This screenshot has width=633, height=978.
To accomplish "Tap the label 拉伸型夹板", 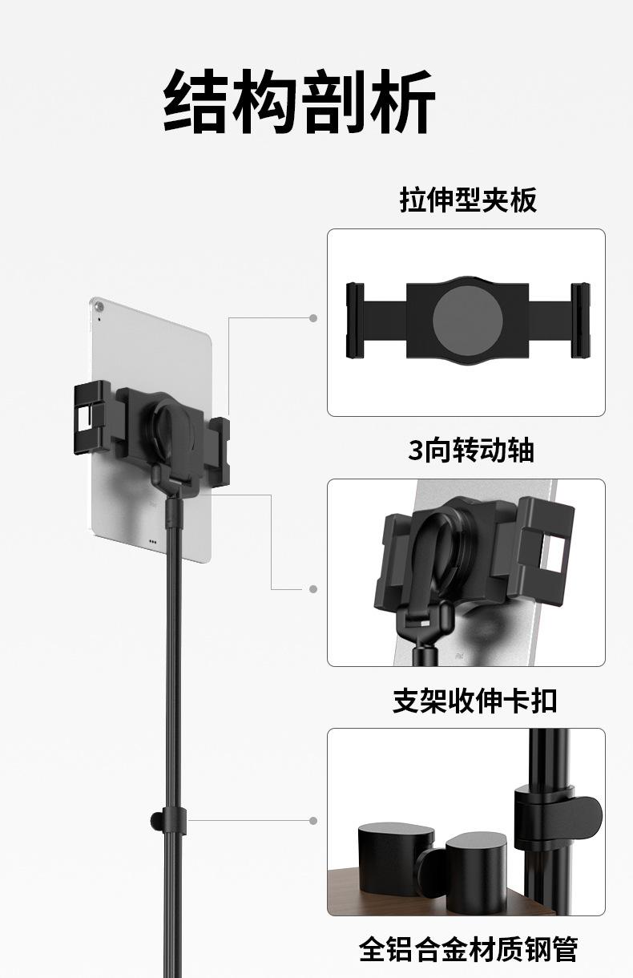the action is point(467,200).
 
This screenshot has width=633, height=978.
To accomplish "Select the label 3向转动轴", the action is point(470,451).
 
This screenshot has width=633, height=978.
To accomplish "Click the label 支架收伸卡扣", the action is point(474,701).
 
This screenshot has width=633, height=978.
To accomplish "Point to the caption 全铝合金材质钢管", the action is point(468,949).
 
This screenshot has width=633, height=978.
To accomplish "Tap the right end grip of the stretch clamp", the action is point(580,320).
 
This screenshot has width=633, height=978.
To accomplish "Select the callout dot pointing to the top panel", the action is point(313,318).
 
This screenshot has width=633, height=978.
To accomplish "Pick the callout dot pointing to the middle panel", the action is point(313,589).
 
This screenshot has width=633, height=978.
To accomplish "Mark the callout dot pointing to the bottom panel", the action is point(313,821).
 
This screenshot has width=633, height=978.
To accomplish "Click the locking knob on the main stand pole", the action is point(155,820).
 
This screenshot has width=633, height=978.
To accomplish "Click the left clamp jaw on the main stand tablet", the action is point(91,416).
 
